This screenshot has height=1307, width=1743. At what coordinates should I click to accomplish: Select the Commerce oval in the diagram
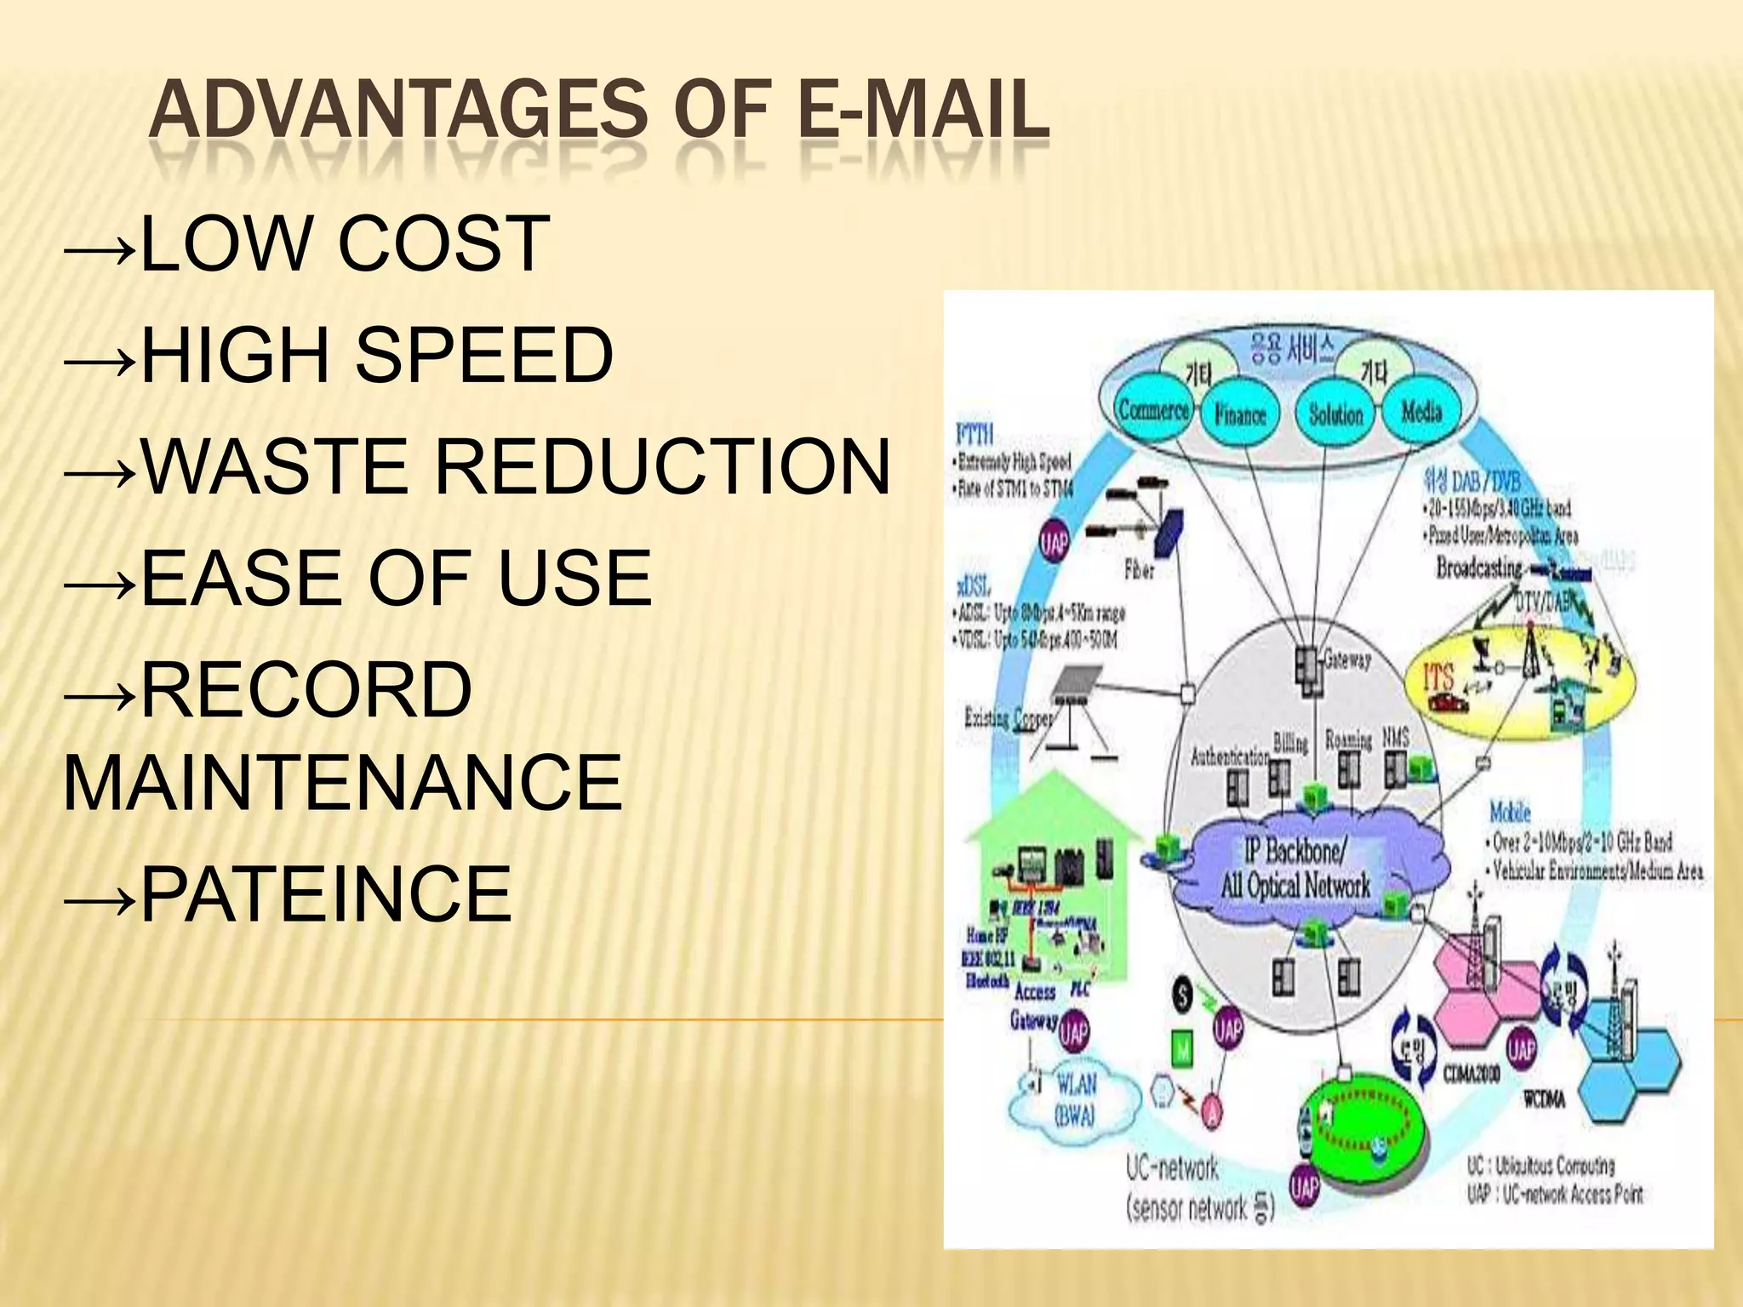[x=1153, y=411]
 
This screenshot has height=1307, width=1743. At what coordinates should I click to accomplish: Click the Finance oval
[x=1240, y=415]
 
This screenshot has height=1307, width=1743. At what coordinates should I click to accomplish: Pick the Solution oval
[x=1335, y=415]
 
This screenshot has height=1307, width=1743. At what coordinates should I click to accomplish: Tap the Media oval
[x=1421, y=413]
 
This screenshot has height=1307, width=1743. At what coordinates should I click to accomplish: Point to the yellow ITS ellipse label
[x=1438, y=678]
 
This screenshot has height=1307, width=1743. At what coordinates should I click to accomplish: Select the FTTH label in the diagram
[x=974, y=435]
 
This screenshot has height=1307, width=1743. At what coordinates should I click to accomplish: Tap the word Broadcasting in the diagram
[x=1478, y=567]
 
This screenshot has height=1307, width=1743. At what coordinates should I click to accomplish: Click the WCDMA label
[x=1543, y=1100]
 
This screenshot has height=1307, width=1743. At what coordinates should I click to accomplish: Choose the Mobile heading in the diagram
[x=1510, y=812]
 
